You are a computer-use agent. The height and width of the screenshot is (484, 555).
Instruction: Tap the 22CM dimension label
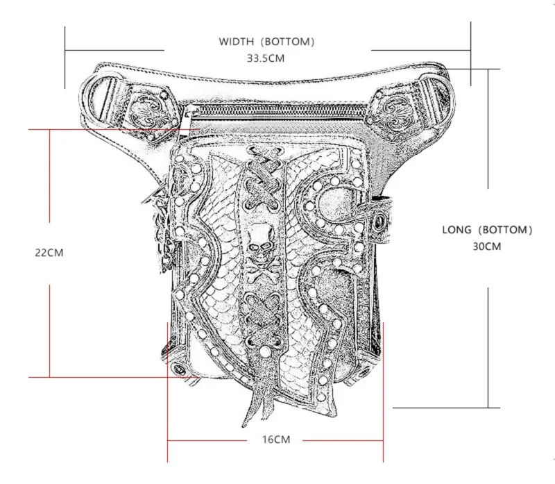coord(49,253)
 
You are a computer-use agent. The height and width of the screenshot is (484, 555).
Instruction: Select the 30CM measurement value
coord(487,246)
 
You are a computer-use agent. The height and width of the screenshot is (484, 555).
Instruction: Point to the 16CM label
coord(275,440)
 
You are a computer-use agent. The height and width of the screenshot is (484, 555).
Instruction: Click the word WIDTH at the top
coord(237,42)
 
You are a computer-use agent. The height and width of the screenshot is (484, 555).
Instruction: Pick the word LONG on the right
coord(456,229)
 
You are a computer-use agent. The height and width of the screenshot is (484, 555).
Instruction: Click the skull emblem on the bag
coord(262,243)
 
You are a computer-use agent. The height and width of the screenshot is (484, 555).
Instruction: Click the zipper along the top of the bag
coord(277,115)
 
